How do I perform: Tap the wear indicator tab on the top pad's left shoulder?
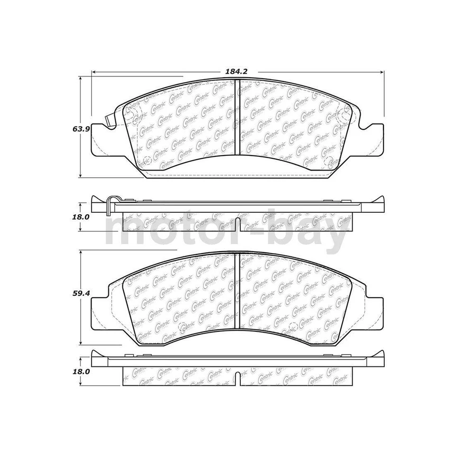(x=109, y=121)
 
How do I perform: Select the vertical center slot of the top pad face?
(x=237, y=118)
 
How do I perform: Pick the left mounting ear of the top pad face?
(x=97, y=137)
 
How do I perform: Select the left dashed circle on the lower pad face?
(x=182, y=327)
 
